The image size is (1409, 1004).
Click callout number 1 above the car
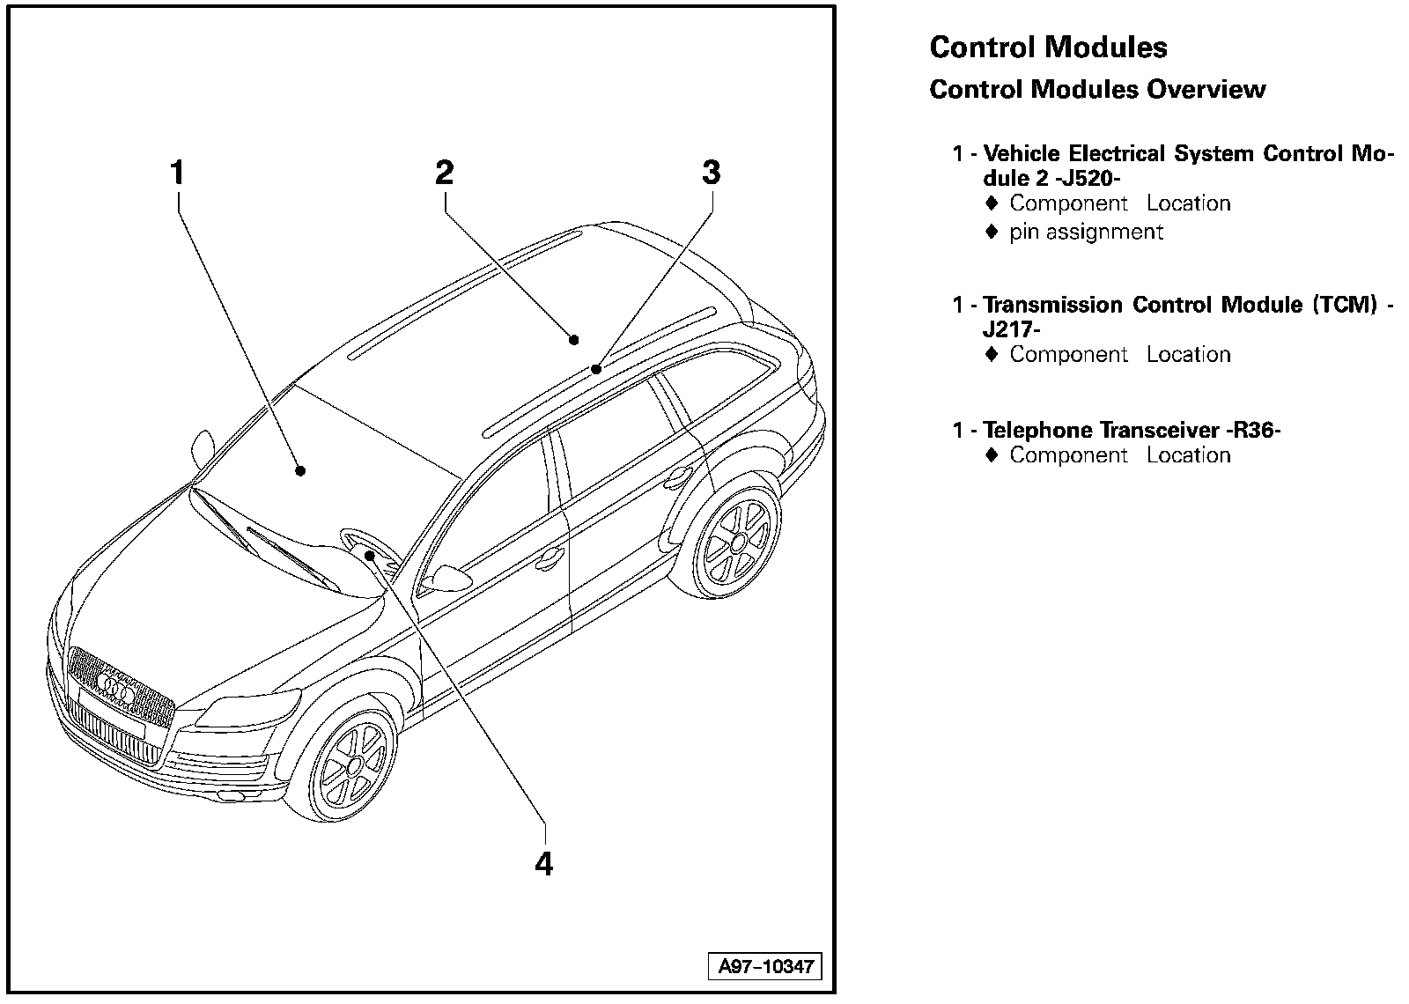(178, 173)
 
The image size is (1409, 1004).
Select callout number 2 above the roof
(444, 173)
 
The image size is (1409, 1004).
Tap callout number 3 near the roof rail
(711, 173)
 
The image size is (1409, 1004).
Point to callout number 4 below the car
(544, 863)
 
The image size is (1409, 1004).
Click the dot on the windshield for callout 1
(300, 470)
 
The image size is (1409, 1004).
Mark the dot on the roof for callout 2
(574, 339)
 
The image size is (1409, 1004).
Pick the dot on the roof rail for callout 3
(596, 369)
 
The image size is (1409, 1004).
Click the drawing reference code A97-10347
(764, 967)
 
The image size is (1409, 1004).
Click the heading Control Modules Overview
(1097, 89)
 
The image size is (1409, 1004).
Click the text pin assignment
(1086, 232)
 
